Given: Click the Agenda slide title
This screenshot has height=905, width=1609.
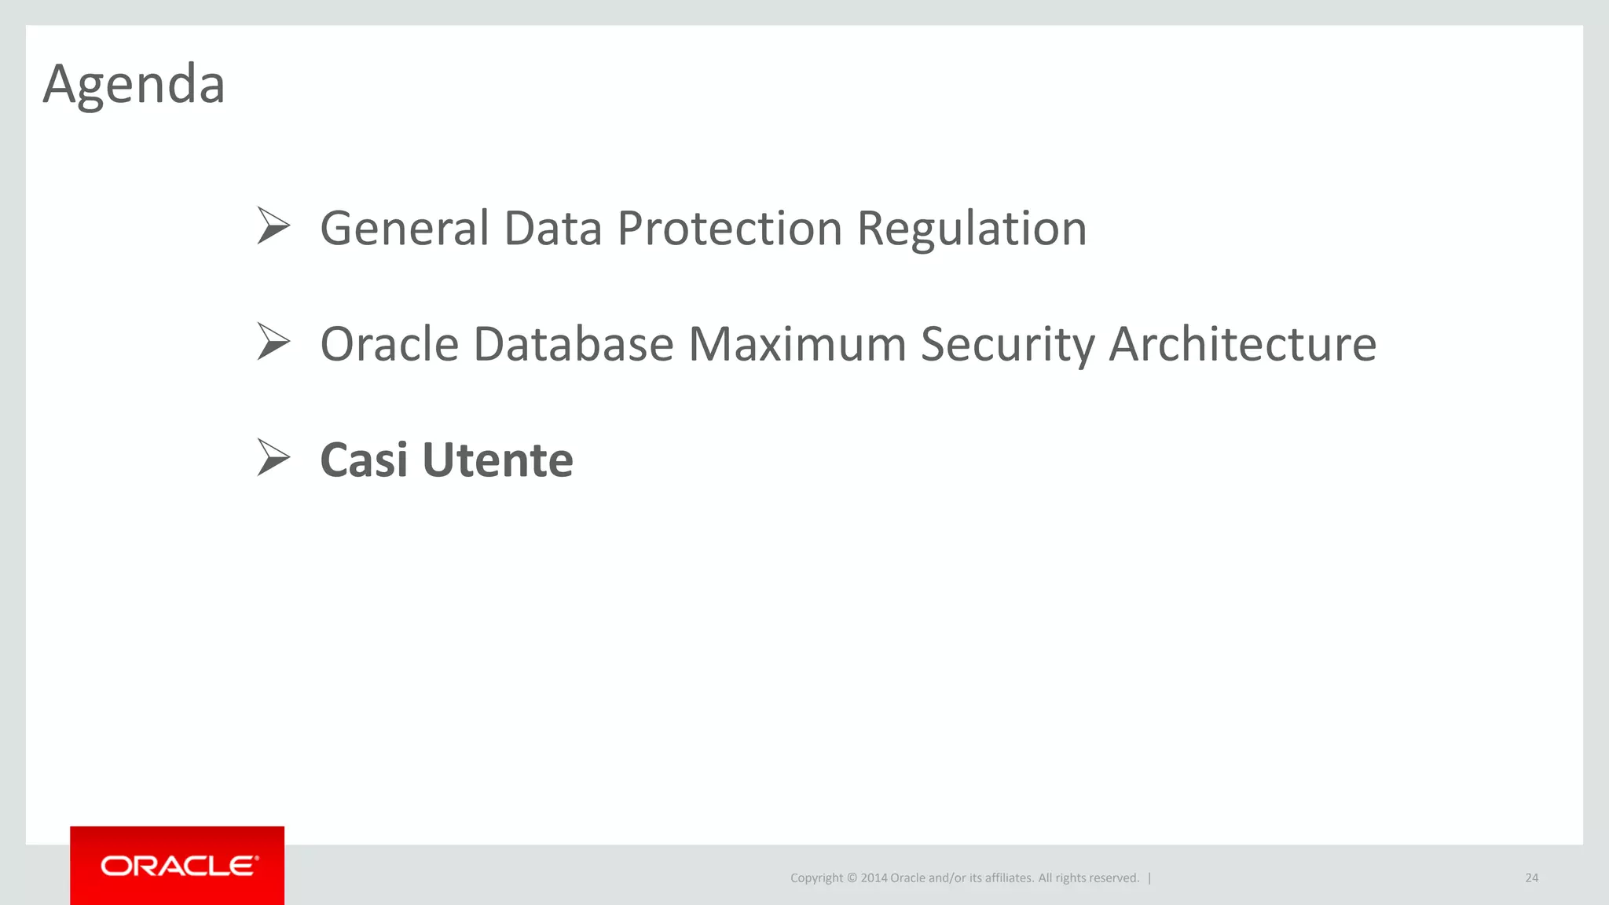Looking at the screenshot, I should pyautogui.click(x=134, y=84).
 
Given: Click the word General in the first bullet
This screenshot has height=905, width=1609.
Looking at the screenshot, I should pyautogui.click(x=405, y=229).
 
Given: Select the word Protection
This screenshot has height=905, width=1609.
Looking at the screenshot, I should pyautogui.click(x=730, y=229).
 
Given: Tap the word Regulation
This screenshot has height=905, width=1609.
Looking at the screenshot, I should pyautogui.click(x=971, y=229).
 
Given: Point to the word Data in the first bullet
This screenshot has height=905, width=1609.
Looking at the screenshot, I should pyautogui.click(x=552, y=229).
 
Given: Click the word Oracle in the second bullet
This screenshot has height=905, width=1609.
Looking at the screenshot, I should pyautogui.click(x=389, y=344).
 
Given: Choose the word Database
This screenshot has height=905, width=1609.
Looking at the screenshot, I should pyautogui.click(x=574, y=344).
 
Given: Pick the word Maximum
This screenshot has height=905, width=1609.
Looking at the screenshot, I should pyautogui.click(x=797, y=344).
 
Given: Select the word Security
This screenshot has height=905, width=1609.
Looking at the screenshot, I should pyautogui.click(x=1007, y=344).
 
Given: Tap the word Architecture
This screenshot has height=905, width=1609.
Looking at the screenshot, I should pyautogui.click(x=1242, y=344).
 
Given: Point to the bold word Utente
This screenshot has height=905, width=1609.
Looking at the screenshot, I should pyautogui.click(x=497, y=460).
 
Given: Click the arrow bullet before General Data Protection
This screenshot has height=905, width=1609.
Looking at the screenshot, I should pyautogui.click(x=273, y=226).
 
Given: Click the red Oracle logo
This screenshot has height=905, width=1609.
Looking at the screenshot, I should pyautogui.click(x=177, y=866).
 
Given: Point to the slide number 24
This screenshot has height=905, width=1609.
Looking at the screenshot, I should pyautogui.click(x=1531, y=878).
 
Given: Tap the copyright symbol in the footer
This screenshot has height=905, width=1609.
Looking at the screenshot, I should pyautogui.click(x=852, y=878).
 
